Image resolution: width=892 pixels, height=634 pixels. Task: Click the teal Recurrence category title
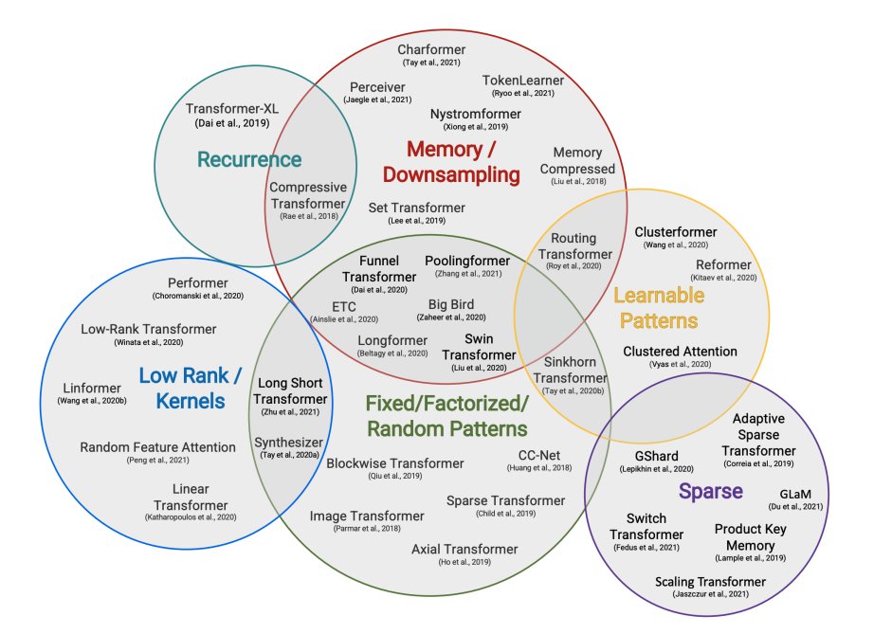point(249,159)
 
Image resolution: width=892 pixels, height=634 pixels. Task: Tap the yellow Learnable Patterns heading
point(655,308)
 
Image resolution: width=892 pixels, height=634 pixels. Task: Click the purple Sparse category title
point(709,491)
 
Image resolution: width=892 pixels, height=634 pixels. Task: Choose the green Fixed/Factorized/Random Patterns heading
point(447,414)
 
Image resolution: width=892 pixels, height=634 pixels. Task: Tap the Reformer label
point(723,264)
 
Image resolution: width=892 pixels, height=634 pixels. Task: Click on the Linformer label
point(90,389)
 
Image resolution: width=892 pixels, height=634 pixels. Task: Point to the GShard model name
point(657,456)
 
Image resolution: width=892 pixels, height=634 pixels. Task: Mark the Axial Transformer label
point(464,549)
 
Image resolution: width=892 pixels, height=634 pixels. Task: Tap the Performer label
point(198,282)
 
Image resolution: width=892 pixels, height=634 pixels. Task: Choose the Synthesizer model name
point(288,442)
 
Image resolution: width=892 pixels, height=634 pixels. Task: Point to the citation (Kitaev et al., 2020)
point(724,279)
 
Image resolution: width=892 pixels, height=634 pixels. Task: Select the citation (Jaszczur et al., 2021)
point(710,594)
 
